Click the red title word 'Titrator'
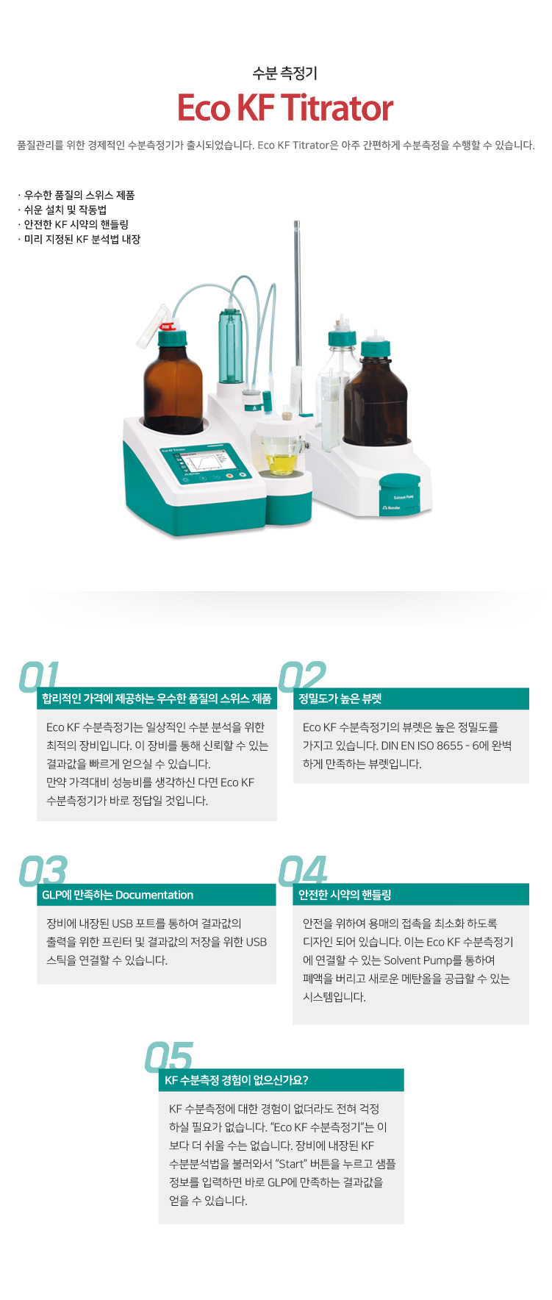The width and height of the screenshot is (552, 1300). [337, 108]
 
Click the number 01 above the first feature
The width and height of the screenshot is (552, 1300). [39, 676]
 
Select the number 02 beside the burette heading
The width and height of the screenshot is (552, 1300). [302, 676]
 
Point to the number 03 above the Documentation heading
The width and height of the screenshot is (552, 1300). [43, 871]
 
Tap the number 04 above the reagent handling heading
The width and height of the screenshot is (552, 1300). [303, 871]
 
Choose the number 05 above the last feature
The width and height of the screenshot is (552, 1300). [170, 1057]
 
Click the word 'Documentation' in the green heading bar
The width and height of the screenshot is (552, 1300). [154, 895]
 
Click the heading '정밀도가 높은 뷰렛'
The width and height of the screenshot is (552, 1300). [340, 699]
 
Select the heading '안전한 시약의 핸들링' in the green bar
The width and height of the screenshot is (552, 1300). [345, 895]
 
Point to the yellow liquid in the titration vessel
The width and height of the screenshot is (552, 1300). [281, 464]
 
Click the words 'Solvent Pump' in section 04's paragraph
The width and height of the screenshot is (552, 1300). [412, 960]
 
